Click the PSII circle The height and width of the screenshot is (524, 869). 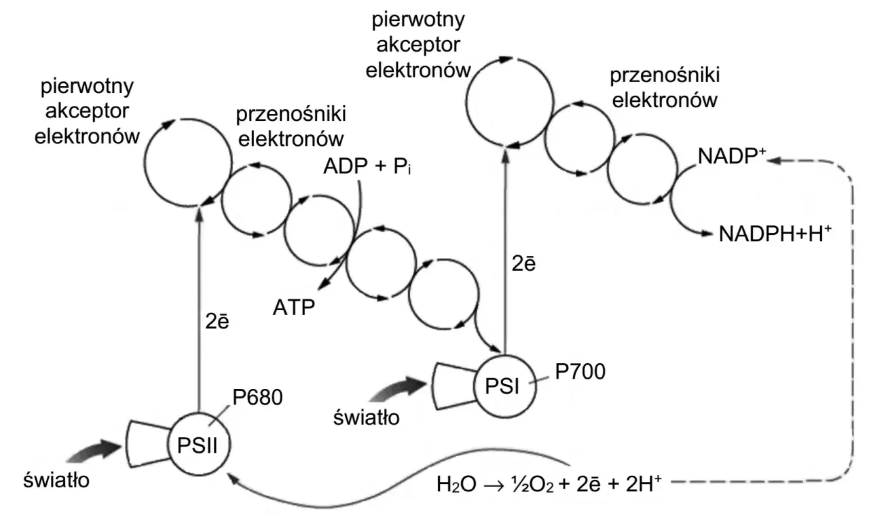(198, 445)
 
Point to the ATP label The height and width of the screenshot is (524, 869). (293, 307)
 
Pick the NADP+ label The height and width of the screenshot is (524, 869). (732, 157)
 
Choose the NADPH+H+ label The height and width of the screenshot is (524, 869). (775, 234)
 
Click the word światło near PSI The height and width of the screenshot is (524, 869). (367, 414)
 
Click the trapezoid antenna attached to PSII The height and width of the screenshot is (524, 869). (148, 444)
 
